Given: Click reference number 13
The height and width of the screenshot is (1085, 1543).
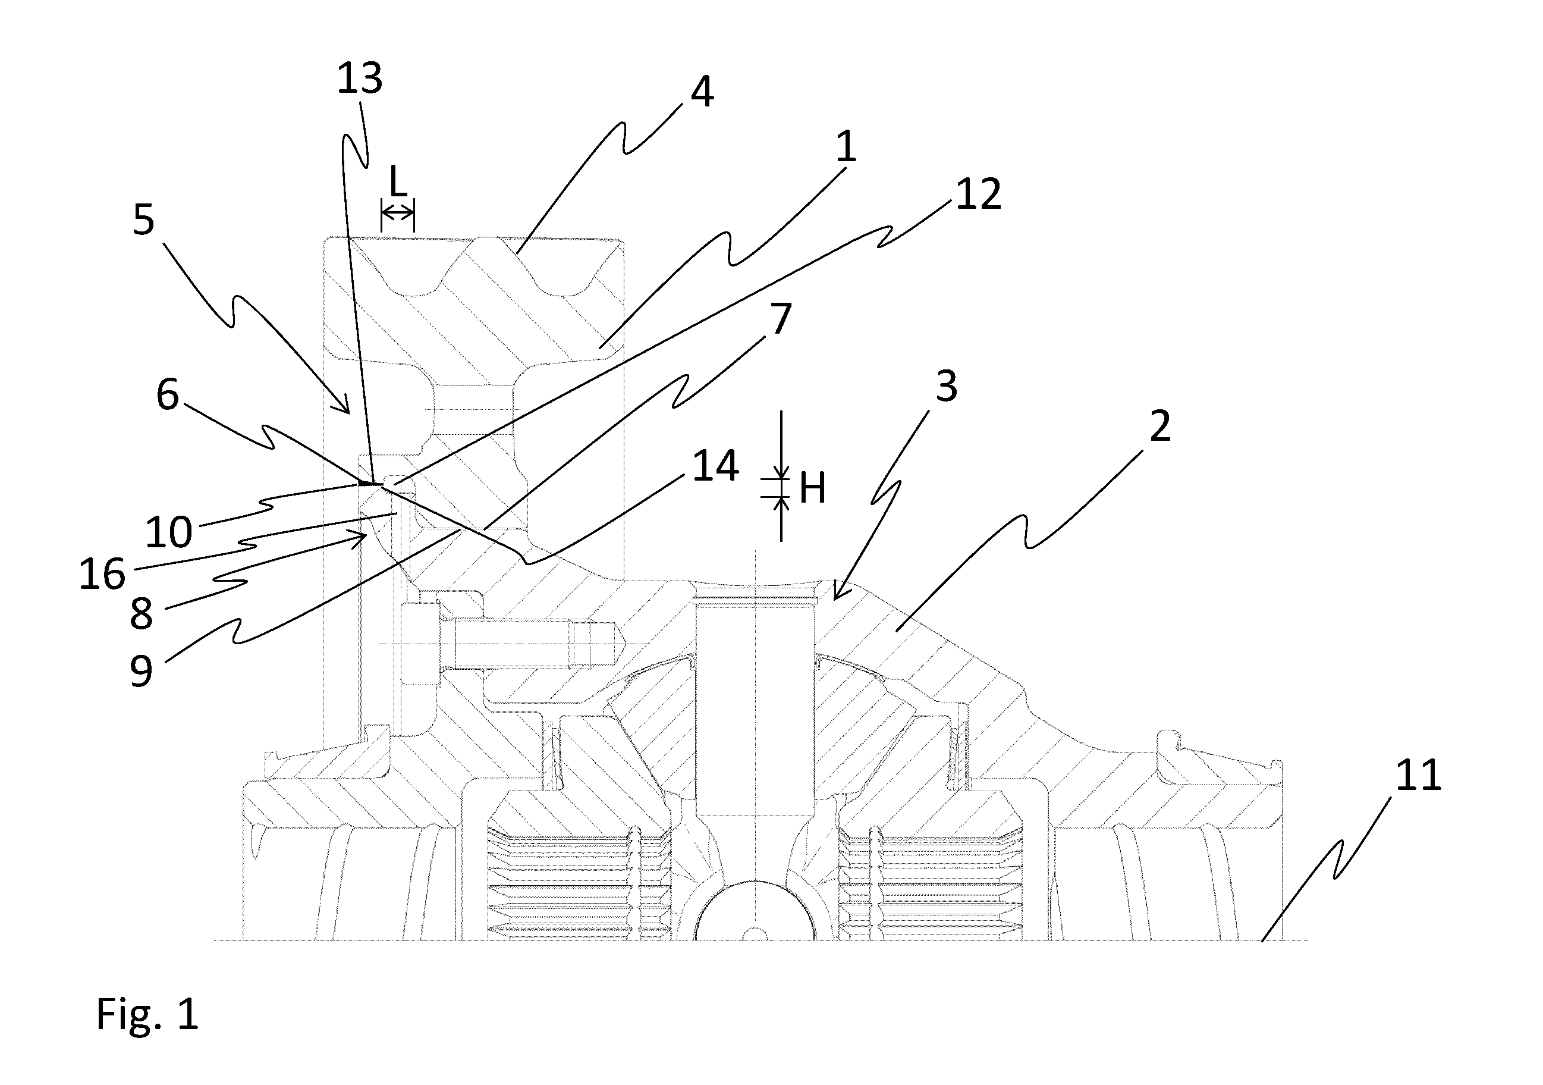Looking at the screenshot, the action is pos(360,79).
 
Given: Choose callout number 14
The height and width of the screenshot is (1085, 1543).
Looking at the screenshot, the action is pos(716,465).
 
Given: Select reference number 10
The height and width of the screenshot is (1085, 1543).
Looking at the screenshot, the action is pos(169,532).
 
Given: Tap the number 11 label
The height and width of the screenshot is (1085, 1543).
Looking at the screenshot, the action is pos(1419,774).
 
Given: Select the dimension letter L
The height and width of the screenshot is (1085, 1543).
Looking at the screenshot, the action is pos(398,181).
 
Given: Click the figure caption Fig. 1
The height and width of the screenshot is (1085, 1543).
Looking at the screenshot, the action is pos(148,1014).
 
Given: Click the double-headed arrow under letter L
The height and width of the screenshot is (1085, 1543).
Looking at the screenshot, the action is pos(398,213).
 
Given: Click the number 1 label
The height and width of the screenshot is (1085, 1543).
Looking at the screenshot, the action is pos(846,146).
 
